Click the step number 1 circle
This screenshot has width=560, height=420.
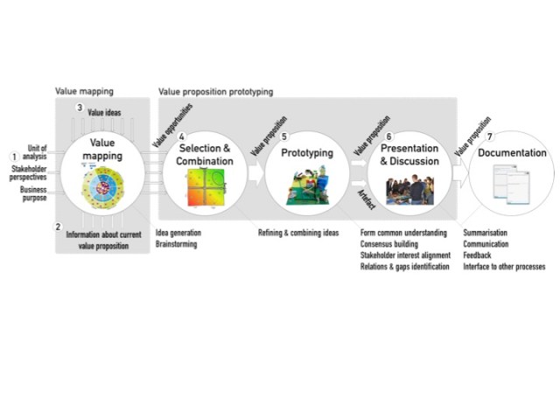(x=13, y=157)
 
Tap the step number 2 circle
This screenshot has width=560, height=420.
(x=59, y=227)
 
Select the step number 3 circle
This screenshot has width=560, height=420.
(x=79, y=108)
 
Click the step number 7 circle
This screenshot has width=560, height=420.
(x=490, y=136)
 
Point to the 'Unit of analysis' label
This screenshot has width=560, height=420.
(x=36, y=152)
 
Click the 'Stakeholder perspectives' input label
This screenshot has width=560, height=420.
(x=29, y=172)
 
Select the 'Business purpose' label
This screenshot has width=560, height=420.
(x=33, y=194)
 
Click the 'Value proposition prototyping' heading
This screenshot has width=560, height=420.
(x=215, y=91)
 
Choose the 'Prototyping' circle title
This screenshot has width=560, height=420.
(x=306, y=153)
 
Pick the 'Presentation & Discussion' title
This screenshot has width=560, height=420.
(x=409, y=155)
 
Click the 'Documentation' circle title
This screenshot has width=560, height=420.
(x=512, y=153)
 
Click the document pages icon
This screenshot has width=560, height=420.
(x=512, y=184)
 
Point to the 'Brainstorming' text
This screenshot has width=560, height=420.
(x=176, y=245)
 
